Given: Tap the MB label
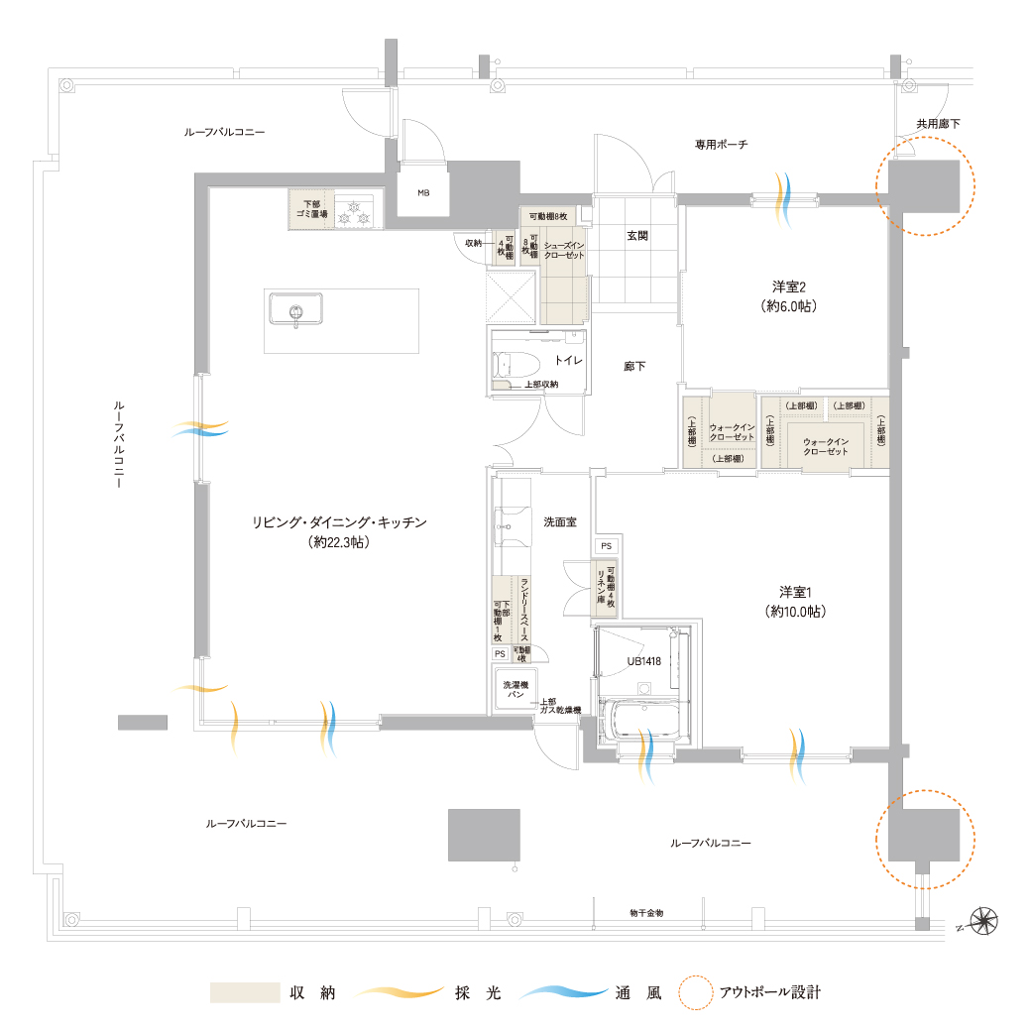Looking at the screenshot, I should pyautogui.click(x=423, y=192).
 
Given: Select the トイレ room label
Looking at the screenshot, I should pyautogui.click(x=568, y=362).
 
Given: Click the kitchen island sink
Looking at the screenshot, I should pyautogui.click(x=294, y=312).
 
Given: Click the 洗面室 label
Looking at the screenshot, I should pyautogui.click(x=560, y=521).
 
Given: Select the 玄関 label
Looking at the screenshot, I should pyautogui.click(x=637, y=236).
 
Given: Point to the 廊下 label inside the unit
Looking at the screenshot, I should pyautogui.click(x=634, y=366).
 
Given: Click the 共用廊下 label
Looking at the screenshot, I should pyautogui.click(x=937, y=124).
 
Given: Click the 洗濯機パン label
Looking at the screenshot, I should pyautogui.click(x=515, y=690).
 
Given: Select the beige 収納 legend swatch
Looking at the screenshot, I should pyautogui.click(x=244, y=992).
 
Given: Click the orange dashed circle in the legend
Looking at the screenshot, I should pyautogui.click(x=697, y=992).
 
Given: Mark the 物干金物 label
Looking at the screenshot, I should pyautogui.click(x=646, y=912).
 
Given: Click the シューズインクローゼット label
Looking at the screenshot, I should pyautogui.click(x=565, y=249).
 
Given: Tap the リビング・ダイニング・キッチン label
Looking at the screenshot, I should pyautogui.click(x=339, y=522).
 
